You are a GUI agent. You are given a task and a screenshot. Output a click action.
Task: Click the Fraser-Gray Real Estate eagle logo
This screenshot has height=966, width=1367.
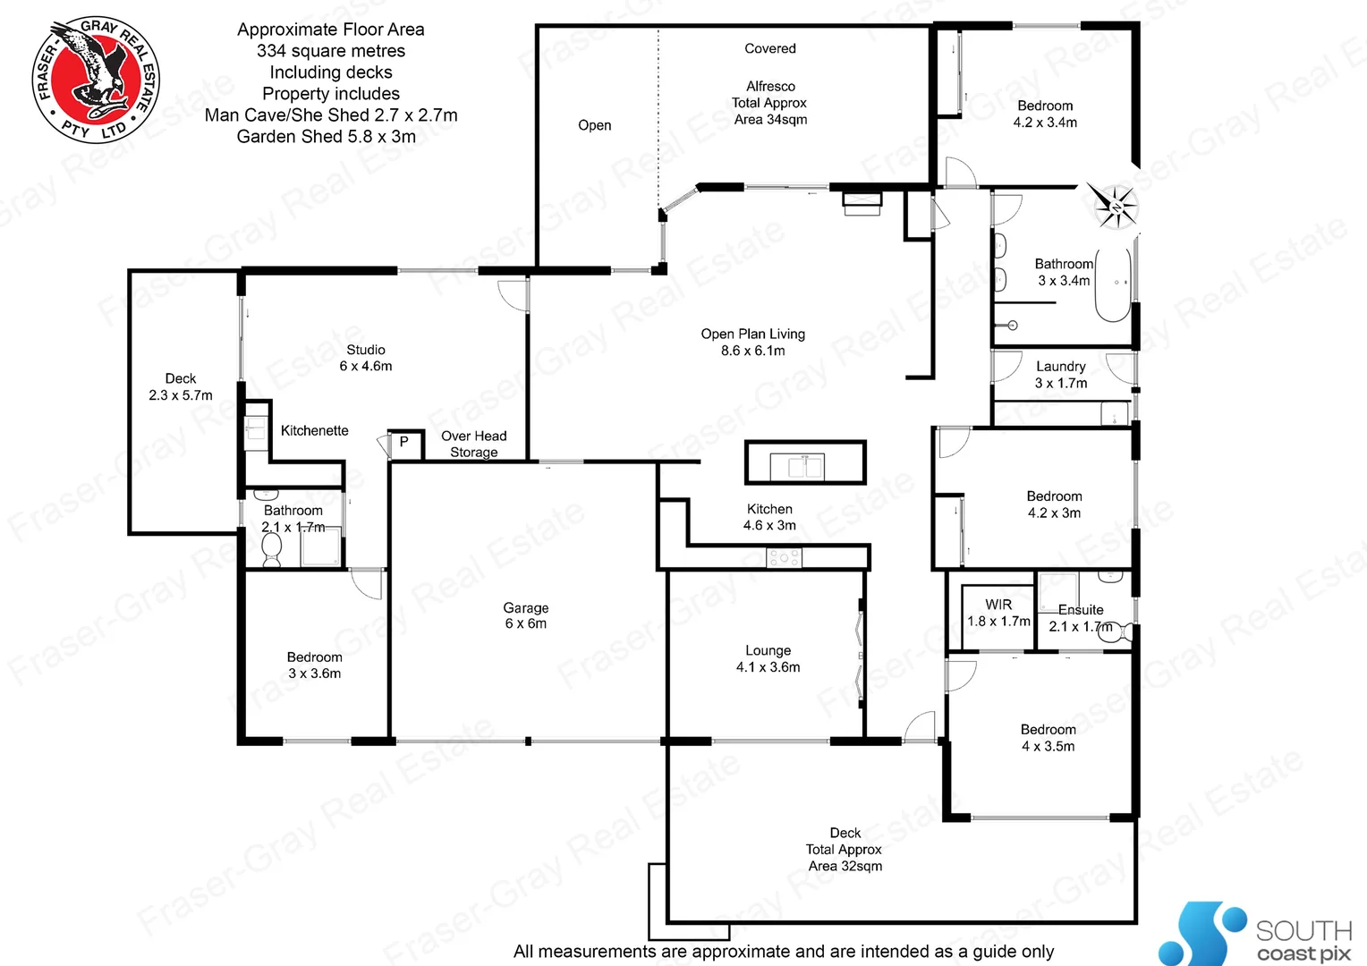click(x=96, y=80)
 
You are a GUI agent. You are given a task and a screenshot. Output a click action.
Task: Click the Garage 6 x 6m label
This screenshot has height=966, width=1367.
click(x=525, y=615)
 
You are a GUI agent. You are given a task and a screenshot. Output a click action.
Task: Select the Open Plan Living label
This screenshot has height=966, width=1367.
click(x=752, y=342)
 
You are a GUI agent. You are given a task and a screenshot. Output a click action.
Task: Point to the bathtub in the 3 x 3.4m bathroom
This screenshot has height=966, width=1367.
click(x=1114, y=284)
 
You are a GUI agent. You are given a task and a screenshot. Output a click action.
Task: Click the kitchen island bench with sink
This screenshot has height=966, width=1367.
click(x=805, y=463)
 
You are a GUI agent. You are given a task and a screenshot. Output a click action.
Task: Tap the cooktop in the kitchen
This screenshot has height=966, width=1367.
click(x=784, y=558)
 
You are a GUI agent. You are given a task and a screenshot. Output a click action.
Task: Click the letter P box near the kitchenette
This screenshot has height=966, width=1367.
click(x=404, y=442)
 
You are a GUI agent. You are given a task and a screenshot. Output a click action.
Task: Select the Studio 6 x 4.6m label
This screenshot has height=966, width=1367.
click(x=365, y=358)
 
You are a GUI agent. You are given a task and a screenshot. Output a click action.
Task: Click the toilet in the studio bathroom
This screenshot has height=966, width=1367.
click(x=271, y=550)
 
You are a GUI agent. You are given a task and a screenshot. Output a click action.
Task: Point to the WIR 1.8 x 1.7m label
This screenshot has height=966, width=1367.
click(x=998, y=613)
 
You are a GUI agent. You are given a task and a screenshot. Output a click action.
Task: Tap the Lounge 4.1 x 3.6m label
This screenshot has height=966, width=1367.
click(x=768, y=658)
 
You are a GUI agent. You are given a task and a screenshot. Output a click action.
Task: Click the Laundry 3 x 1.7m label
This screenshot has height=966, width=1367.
click(x=1061, y=375)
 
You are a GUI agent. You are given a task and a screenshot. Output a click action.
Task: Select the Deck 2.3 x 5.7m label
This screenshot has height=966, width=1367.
click(x=181, y=386)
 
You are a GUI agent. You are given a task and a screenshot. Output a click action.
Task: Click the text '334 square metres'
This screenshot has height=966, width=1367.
click(x=330, y=51)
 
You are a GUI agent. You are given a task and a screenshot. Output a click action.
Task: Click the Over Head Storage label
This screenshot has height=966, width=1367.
click(x=473, y=444)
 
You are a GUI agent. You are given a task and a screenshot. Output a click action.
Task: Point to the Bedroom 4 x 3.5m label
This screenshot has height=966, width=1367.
click(x=1048, y=738)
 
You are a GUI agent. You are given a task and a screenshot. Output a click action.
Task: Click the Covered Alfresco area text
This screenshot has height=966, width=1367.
click(x=770, y=86)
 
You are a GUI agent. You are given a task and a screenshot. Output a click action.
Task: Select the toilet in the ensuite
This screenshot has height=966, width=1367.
click(x=1123, y=631)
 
